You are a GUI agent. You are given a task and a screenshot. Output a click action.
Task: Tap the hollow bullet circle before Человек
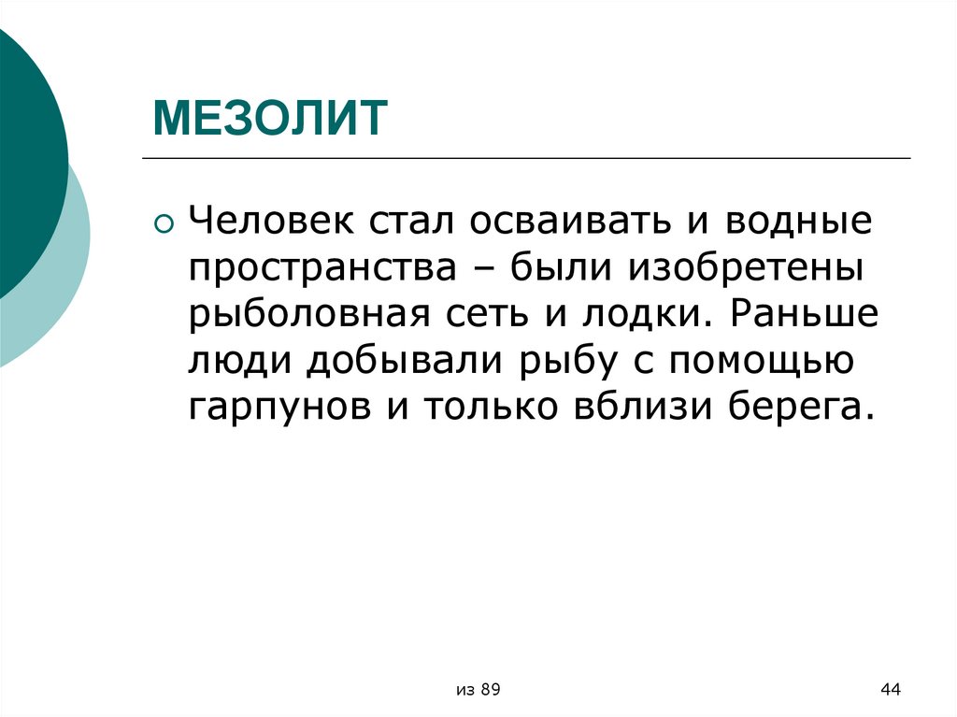tap(164, 223)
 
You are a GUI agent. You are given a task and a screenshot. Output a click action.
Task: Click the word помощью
tap(753, 361)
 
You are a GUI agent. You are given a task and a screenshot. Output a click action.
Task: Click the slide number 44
tap(890, 690)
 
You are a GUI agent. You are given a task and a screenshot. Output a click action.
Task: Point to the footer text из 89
tap(479, 690)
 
